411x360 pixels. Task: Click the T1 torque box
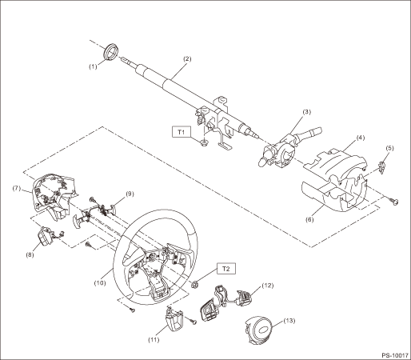[182, 132]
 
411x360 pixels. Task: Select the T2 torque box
[226, 269]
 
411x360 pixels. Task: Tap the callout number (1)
[93, 66]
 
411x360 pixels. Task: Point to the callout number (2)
[187, 58]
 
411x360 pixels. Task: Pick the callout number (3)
[306, 111]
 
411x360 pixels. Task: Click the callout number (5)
[389, 148]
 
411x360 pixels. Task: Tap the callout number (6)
[309, 220]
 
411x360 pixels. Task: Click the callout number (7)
[17, 188]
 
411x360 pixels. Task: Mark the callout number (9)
[130, 194]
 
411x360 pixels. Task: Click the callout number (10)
[100, 283]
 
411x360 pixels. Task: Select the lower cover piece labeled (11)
[174, 318]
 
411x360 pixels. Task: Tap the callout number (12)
[268, 286]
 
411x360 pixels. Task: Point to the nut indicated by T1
[204, 143]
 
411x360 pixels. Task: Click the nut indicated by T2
[195, 285]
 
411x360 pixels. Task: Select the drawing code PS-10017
[395, 355]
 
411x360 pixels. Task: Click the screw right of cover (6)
[395, 201]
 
